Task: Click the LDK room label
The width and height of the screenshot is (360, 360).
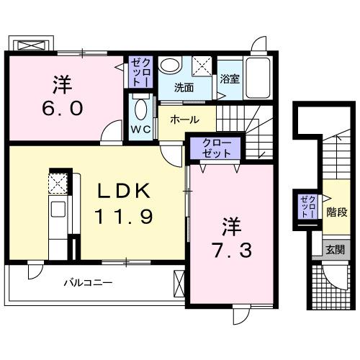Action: tap(124, 191)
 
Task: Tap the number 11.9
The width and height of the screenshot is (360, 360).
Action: tap(124, 215)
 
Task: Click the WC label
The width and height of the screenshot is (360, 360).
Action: tap(140, 130)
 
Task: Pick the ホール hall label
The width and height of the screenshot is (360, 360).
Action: tap(185, 120)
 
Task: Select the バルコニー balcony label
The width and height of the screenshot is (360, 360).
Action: tap(86, 282)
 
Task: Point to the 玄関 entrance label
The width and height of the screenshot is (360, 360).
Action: tap(334, 250)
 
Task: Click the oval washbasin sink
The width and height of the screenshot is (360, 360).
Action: tap(171, 65)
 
